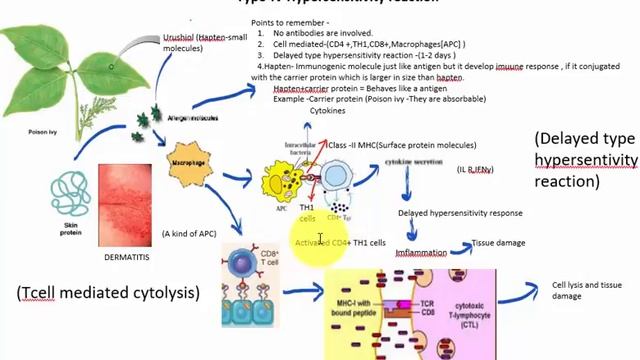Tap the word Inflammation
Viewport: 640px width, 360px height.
[x=421, y=253]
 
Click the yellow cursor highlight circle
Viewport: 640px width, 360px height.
[x=319, y=241]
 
